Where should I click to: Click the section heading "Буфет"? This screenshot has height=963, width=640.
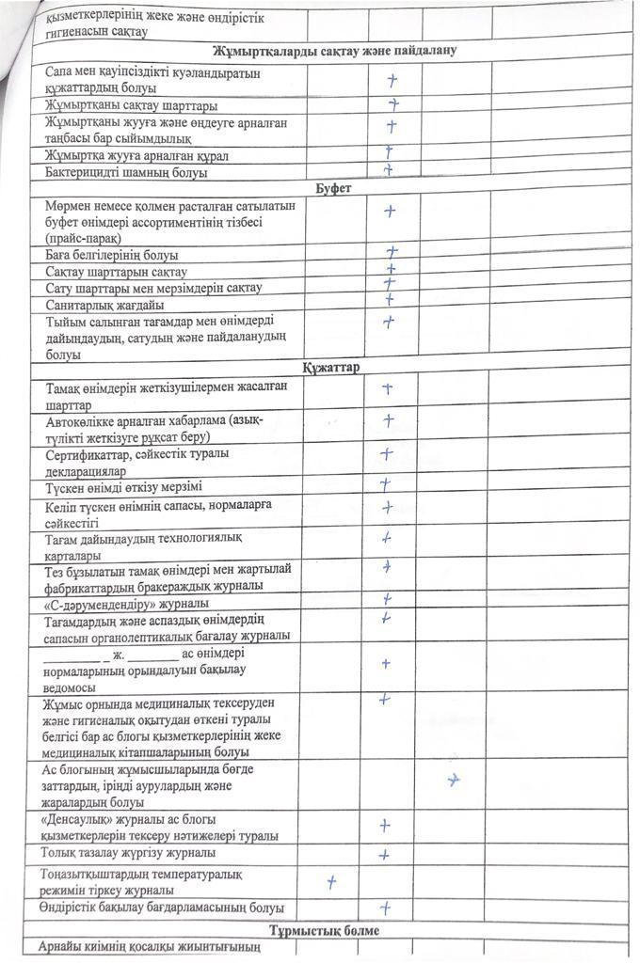[333, 188]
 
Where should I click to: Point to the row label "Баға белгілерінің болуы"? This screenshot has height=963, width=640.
[112, 255]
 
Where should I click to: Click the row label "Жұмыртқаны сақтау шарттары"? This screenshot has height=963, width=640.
[132, 104]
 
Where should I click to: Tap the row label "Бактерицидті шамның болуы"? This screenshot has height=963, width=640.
[126, 173]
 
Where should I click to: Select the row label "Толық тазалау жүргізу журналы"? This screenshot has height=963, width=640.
[129, 853]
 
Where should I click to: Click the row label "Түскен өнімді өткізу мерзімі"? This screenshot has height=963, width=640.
[123, 487]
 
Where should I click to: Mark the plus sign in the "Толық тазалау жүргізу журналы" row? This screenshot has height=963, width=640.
[384, 855]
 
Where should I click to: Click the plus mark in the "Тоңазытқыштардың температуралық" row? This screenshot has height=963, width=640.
[331, 881]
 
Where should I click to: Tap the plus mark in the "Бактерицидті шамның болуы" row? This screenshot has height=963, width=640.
[387, 170]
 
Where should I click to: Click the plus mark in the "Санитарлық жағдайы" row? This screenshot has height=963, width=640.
[389, 300]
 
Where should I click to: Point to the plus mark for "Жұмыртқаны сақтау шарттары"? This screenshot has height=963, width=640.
[394, 103]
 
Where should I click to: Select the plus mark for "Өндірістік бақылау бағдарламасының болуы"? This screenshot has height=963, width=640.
[385, 908]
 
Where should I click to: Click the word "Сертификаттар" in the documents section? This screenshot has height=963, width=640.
[88, 454]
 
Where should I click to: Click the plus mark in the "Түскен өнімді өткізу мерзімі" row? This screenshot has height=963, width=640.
[385, 484]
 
